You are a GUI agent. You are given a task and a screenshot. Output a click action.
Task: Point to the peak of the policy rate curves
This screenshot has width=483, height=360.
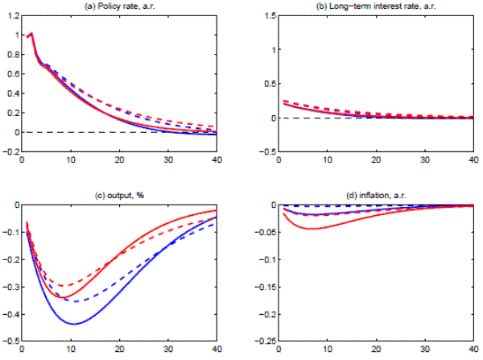click(31, 33)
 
